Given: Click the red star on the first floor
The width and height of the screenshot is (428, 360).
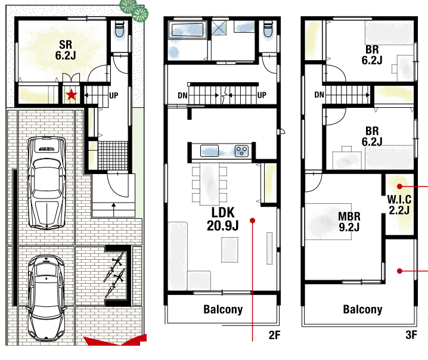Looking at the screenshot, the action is point(72,95).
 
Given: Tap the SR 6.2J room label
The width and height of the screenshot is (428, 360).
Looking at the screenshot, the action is point(66,50).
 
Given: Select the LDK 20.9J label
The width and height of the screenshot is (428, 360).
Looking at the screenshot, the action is point(223,219).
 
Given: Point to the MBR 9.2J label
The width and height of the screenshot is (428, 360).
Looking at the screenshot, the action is point(349,221).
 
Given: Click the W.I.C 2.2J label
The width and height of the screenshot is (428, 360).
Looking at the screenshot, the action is point(399,204).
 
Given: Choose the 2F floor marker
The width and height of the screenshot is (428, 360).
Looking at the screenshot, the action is point(274,335).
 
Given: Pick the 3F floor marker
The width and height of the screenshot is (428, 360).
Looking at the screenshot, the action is point(411,335).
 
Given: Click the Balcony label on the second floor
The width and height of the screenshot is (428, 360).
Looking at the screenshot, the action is point(223,309).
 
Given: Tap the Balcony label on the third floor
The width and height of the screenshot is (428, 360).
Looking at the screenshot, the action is point(362,309).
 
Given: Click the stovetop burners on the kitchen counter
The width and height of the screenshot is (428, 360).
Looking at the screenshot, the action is point(241,151).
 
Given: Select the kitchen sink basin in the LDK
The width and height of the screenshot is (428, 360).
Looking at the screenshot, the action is point(209,151).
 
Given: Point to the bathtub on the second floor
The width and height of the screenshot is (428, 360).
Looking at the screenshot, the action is point(186,30).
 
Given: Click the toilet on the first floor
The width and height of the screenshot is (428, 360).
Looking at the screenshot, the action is point(120,29).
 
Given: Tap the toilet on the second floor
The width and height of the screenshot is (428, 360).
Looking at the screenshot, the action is point(268,29).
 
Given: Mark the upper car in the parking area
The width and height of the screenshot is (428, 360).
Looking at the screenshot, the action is point(47,182).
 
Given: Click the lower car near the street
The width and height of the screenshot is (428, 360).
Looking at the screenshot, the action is point(46,298).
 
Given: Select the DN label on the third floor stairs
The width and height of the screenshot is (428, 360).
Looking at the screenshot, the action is point(319,95).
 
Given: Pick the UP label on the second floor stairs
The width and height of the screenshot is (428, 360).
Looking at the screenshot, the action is point(262,95).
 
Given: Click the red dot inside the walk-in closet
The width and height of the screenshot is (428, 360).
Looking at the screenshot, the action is point(399,187).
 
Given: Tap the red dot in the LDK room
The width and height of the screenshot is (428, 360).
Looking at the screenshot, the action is point(253,221).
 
